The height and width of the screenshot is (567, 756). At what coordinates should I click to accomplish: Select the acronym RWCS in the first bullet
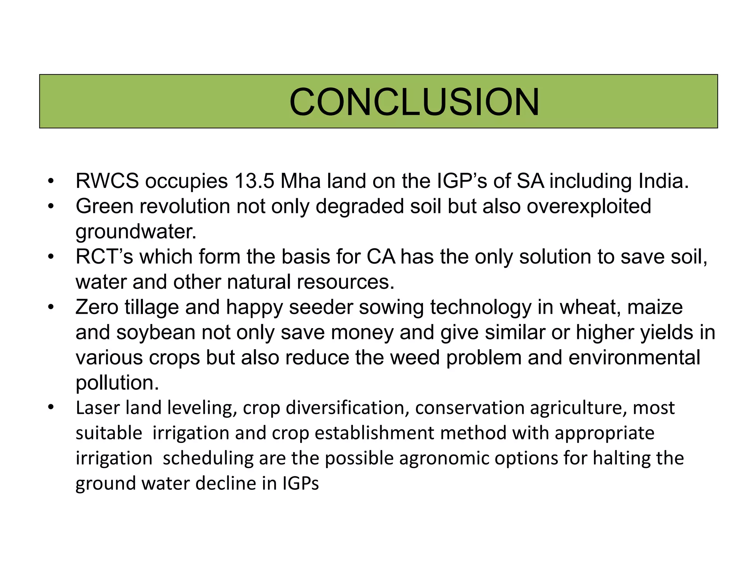(x=107, y=181)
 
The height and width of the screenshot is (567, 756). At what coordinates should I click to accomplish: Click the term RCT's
(x=104, y=257)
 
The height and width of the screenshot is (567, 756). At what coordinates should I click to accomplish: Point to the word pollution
(x=117, y=383)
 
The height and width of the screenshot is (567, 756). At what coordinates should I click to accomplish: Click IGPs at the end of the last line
(x=300, y=484)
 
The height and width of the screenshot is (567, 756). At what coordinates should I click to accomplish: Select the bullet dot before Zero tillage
(x=51, y=307)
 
